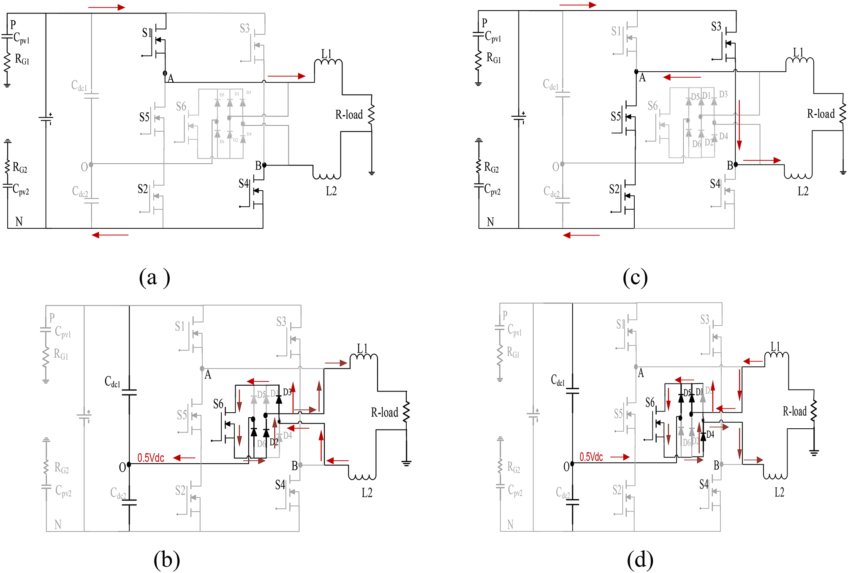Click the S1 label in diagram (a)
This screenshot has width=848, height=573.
click(x=146, y=33)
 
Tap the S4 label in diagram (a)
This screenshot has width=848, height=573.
click(x=243, y=184)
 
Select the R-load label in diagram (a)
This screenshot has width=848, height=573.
click(x=349, y=115)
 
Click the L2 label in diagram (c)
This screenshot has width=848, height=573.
click(x=803, y=192)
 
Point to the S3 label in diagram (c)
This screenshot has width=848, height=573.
click(x=716, y=27)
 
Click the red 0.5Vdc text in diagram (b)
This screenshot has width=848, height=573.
click(x=150, y=458)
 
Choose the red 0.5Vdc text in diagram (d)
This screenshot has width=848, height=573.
click(x=591, y=457)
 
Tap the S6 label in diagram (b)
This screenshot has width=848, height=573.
click(x=218, y=404)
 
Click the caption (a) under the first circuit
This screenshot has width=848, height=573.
click(x=155, y=278)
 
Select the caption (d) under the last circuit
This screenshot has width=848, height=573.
click(x=640, y=560)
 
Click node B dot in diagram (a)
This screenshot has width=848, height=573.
click(x=264, y=165)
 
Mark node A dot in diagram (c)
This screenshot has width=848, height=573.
click(x=636, y=72)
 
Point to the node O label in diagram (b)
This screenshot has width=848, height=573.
click(x=122, y=467)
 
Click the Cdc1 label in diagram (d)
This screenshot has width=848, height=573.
click(x=557, y=381)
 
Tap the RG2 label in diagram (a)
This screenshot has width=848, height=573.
click(x=20, y=168)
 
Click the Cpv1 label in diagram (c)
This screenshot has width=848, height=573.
click(x=493, y=37)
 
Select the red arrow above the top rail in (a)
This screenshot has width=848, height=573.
click(x=106, y=7)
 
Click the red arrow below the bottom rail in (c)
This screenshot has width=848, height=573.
click(x=581, y=235)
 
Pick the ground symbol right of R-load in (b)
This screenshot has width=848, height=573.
click(x=406, y=463)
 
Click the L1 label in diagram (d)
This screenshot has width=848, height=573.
click(x=775, y=346)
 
